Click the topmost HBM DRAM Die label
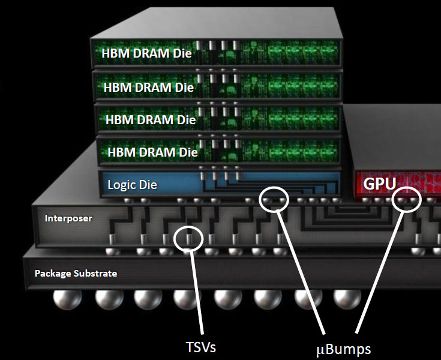point(146,53)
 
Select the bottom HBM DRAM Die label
point(152,152)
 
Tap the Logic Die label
point(132,184)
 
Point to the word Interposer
point(68,218)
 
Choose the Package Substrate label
point(76,274)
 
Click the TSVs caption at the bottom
point(201,347)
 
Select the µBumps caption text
point(343,348)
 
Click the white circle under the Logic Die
point(274,199)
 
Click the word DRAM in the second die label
point(155,87)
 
